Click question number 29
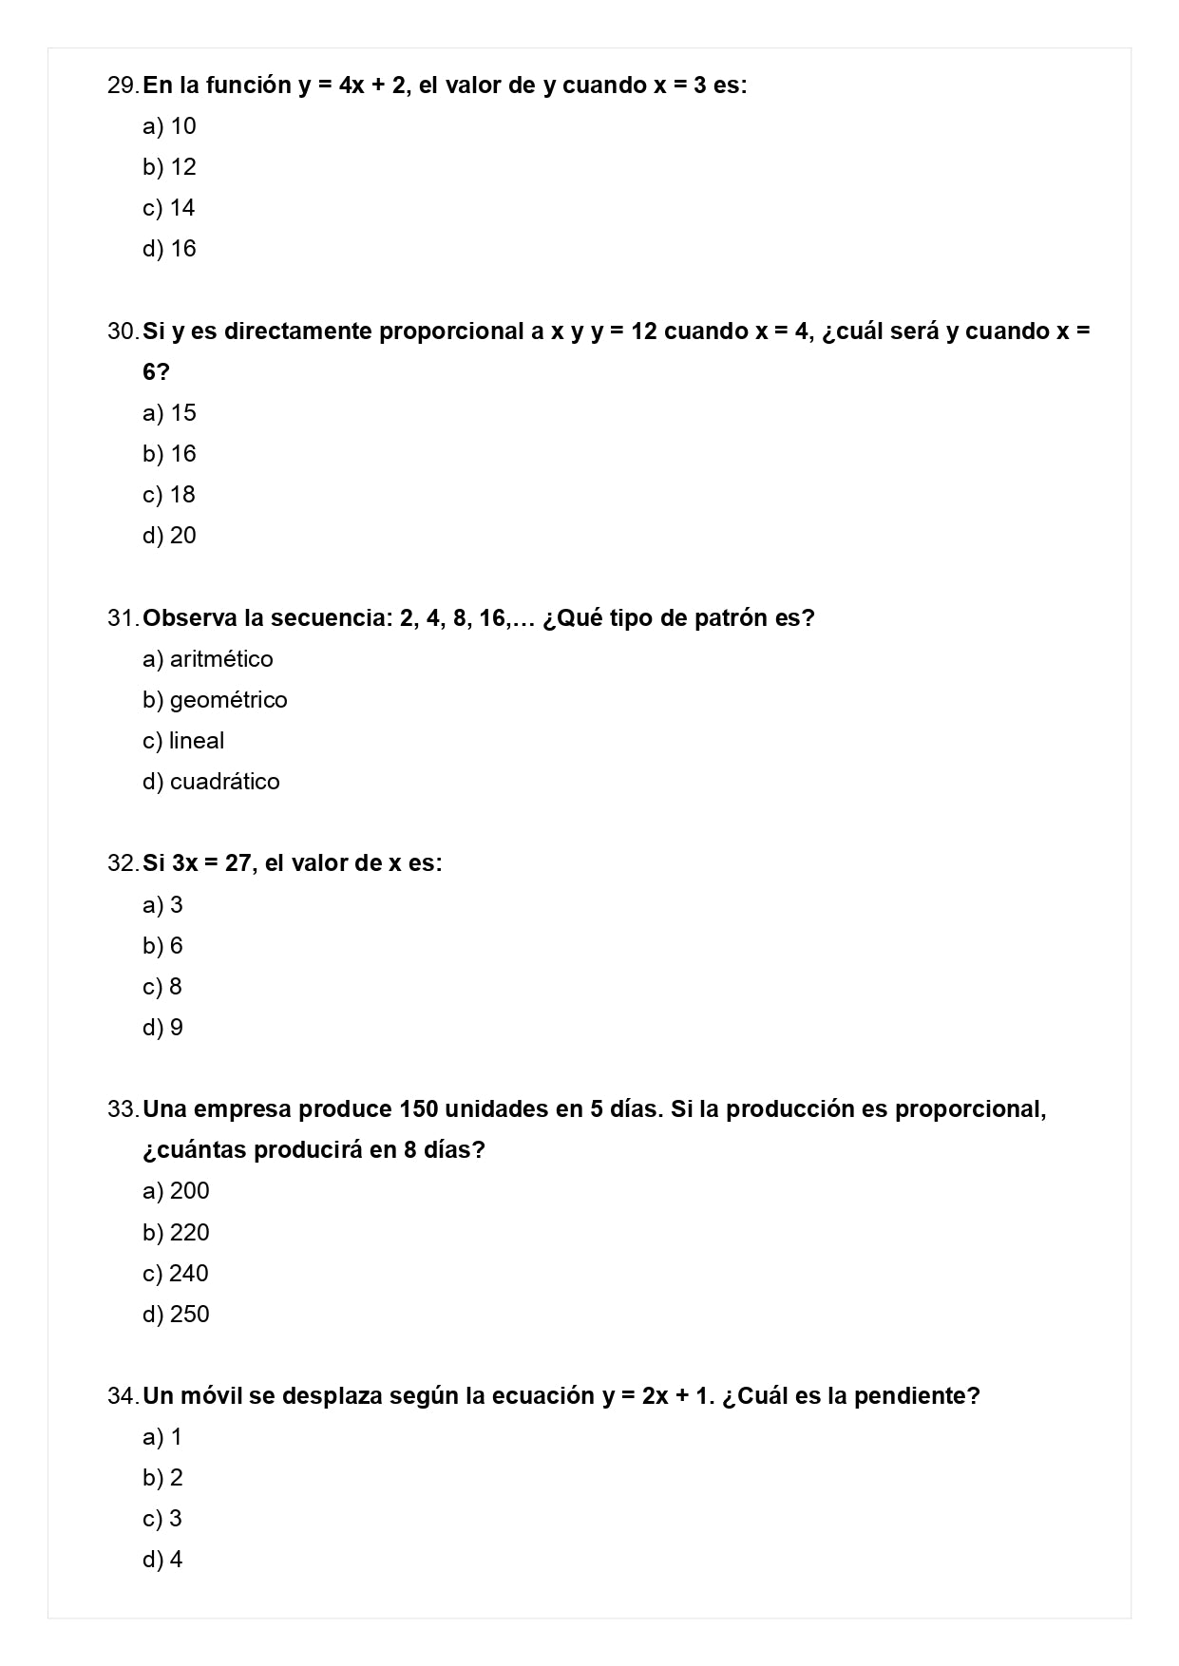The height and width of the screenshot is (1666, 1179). [123, 85]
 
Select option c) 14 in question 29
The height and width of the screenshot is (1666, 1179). [169, 208]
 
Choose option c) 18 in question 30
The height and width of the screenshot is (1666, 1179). [169, 495]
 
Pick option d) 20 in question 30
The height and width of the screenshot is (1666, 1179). [169, 536]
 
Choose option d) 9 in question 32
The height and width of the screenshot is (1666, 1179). [162, 1028]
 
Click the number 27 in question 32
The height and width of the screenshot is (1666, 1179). [238, 863]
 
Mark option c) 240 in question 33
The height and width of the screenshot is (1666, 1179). [176, 1274]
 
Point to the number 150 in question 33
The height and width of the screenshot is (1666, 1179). [419, 1109]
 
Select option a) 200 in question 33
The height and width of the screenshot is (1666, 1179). [176, 1191]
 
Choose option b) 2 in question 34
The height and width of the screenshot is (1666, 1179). [162, 1478]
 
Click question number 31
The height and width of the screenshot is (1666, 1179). [123, 618]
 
